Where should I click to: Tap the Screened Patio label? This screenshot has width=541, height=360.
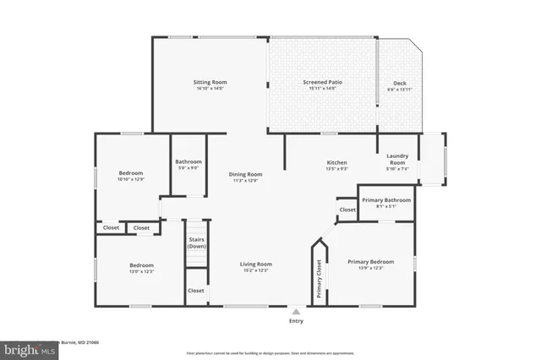click(x=322, y=82)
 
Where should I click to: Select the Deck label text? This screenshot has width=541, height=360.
click(x=400, y=83)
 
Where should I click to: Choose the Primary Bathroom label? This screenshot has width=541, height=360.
click(x=385, y=200)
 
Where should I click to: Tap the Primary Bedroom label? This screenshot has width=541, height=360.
click(x=371, y=262)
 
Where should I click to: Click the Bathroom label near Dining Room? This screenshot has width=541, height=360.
click(x=189, y=161)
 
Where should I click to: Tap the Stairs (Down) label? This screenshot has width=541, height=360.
click(x=195, y=243)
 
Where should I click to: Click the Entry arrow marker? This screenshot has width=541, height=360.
click(x=296, y=311)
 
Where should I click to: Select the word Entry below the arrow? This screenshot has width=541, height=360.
click(x=296, y=321)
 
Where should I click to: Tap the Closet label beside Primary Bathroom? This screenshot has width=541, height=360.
click(x=347, y=210)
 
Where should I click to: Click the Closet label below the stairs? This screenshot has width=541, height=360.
click(x=195, y=291)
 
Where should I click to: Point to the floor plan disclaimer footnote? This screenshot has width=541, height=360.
click(x=270, y=352)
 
